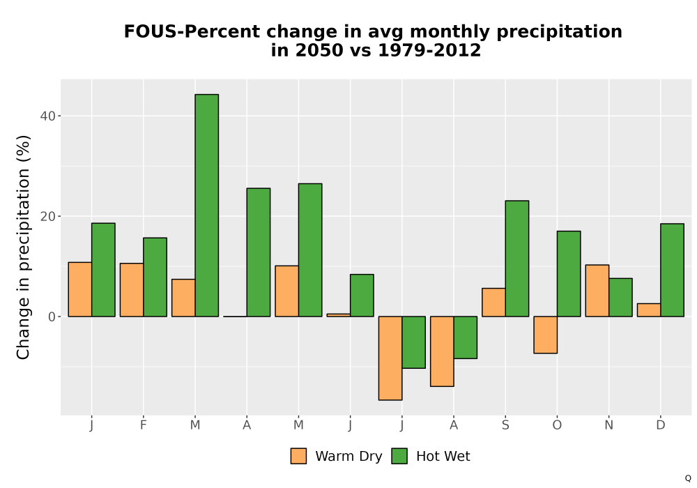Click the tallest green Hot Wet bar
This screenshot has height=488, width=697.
point(207,206)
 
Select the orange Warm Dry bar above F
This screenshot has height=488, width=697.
point(132,290)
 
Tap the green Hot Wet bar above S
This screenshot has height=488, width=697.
point(517,259)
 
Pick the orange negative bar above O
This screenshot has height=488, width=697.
point(546,335)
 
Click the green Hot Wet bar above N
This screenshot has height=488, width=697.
point(620,298)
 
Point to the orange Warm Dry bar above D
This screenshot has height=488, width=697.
point(649,310)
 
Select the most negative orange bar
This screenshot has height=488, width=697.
point(390,358)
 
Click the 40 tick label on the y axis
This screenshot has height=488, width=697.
point(47,116)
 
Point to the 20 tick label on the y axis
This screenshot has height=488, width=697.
point(47,216)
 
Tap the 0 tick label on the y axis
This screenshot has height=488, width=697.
point(52,317)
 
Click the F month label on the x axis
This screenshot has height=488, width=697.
point(143,425)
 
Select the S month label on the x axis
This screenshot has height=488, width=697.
point(505,425)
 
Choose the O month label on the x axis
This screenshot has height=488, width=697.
point(557,425)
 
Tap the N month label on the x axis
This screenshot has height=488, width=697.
point(609,425)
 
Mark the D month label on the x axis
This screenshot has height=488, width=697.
point(661,425)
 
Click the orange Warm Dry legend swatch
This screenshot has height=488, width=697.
point(298,456)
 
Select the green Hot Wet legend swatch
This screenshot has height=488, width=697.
point(399,456)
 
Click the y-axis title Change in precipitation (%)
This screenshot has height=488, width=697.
point(23,247)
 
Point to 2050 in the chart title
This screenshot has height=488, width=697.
point(320,50)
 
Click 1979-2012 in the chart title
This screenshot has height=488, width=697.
point(429,50)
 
